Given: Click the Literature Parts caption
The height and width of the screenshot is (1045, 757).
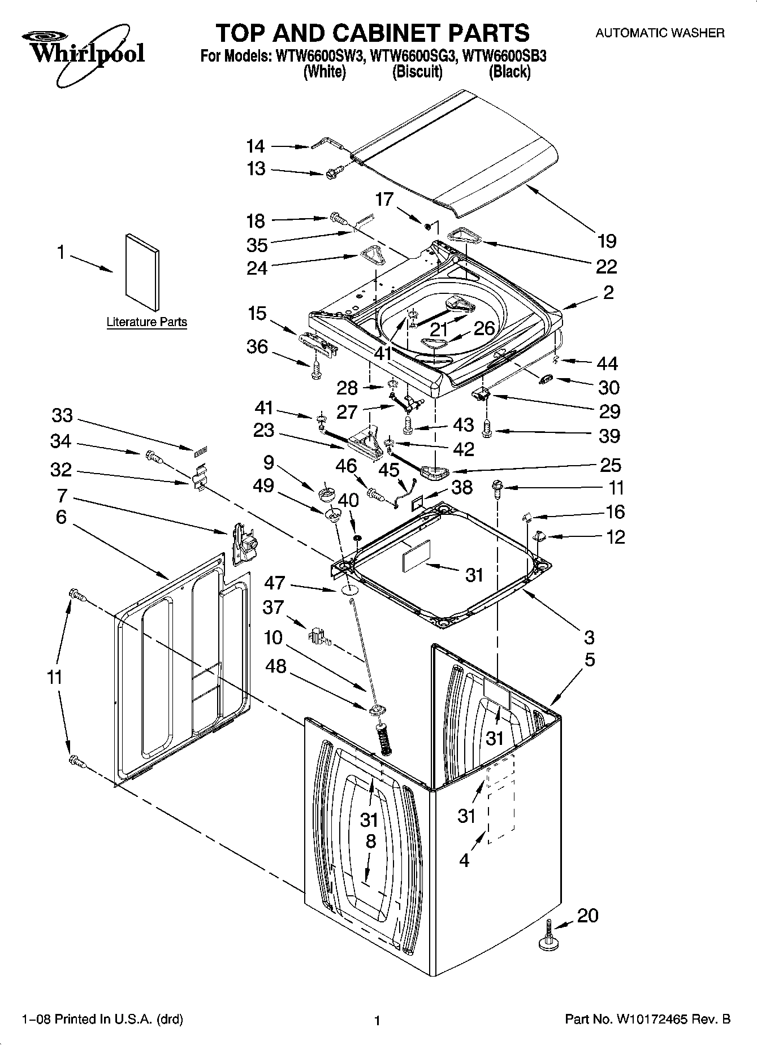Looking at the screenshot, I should (x=146, y=322).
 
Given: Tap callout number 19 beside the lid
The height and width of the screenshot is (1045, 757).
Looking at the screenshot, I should (x=607, y=241).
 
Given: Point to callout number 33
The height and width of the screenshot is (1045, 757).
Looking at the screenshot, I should (x=62, y=415).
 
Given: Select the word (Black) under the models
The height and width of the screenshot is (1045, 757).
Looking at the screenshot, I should (x=509, y=72).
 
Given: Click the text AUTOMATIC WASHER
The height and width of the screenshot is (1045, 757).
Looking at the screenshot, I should (x=659, y=33).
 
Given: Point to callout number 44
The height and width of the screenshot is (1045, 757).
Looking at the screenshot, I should (x=608, y=363).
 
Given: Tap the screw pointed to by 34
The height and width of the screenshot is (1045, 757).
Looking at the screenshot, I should (x=153, y=456).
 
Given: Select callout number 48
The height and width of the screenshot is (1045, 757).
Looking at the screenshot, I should (x=276, y=667).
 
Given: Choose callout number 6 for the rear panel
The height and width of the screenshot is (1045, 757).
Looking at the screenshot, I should (x=61, y=517).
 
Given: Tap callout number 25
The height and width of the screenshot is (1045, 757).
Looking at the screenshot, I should (x=609, y=465).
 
